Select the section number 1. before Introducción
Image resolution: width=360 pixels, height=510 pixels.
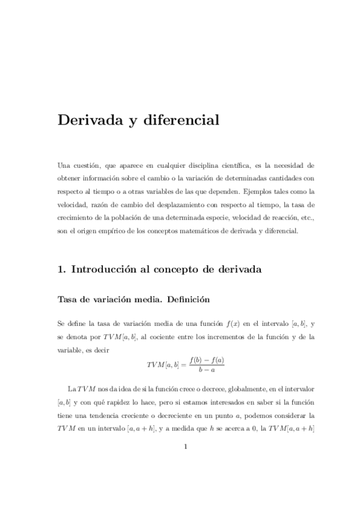61,270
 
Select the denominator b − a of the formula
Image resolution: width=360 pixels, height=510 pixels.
206,369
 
